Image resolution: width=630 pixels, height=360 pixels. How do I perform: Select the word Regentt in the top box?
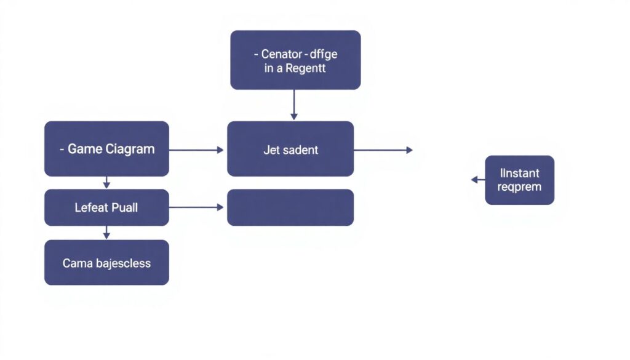click(x=306, y=69)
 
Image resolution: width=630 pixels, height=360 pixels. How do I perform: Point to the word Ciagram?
click(x=130, y=149)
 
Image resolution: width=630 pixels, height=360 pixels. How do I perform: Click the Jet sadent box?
click(x=290, y=150)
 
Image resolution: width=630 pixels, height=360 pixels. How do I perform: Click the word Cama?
click(x=78, y=263)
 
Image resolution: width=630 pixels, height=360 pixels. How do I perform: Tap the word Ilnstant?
click(x=520, y=174)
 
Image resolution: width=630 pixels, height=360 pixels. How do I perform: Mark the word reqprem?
click(x=520, y=187)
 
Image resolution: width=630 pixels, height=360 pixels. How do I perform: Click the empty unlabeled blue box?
click(x=290, y=207)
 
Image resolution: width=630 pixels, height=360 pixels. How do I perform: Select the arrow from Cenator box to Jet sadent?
click(x=294, y=105)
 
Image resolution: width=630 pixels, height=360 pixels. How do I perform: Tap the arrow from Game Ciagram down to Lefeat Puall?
click(x=106, y=182)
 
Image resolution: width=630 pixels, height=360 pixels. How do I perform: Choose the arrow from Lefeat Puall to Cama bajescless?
click(x=106, y=233)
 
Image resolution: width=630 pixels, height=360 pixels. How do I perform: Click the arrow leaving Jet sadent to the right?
click(x=383, y=150)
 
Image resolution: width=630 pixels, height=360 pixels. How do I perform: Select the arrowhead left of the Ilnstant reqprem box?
click(x=475, y=180)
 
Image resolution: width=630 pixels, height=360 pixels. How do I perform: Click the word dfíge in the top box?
click(x=324, y=54)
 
